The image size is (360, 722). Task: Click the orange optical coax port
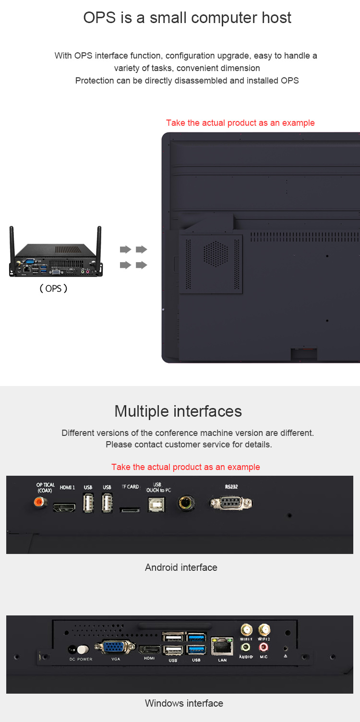40,502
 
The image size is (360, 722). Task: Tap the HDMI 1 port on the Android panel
64,507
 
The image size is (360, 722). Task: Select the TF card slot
130,510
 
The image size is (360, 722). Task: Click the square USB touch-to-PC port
156,505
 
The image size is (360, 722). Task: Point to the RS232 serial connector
231,503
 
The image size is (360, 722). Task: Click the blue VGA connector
115,647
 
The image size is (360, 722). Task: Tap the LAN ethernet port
222,646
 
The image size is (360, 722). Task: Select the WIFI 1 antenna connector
246,629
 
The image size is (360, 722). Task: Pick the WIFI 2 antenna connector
264,629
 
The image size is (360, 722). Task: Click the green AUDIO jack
246,647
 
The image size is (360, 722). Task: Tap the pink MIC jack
264,647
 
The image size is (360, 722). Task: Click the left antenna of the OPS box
12,245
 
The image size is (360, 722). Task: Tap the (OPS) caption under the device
53,289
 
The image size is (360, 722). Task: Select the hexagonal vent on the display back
216,254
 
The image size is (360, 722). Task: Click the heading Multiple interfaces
178,411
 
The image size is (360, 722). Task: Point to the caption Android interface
181,567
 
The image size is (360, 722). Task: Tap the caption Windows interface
184,703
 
